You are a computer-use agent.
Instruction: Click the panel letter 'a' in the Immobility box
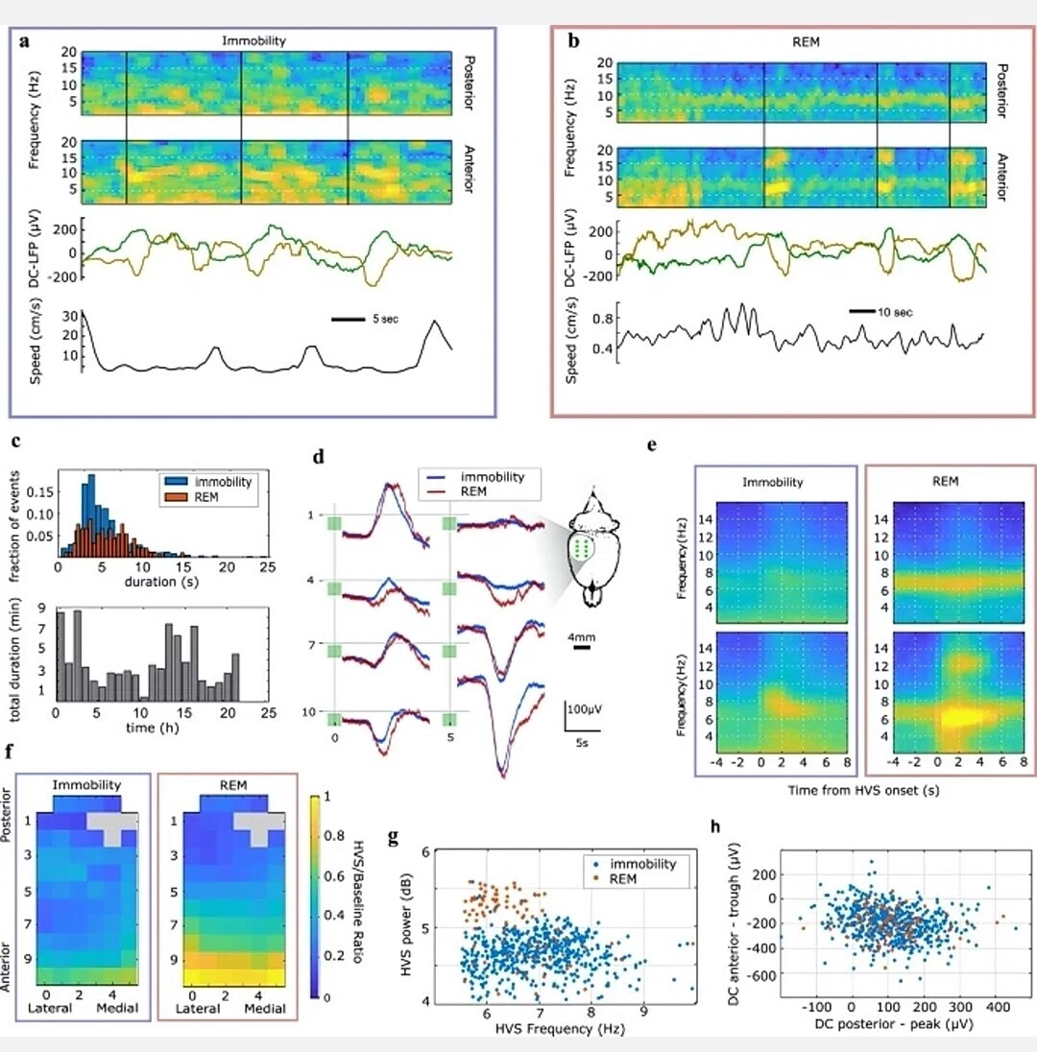pos(25,41)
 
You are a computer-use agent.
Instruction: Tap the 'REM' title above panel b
pos(806,41)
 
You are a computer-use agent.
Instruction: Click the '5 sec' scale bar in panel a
pos(348,320)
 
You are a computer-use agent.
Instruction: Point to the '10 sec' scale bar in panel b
pos(862,311)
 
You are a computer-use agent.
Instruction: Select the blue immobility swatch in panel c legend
pos(175,482)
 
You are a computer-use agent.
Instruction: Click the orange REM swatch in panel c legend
pos(175,497)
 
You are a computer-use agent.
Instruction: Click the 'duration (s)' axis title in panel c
pos(161,582)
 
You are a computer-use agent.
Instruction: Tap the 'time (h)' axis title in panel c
pos(153,728)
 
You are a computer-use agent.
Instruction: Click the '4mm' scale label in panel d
pos(581,637)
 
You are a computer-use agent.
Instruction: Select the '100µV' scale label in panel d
pos(585,709)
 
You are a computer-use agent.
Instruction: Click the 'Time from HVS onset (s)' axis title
pos(863,790)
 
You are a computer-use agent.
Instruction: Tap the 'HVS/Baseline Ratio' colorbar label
pos(358,901)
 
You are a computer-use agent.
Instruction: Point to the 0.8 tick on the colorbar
pos(334,836)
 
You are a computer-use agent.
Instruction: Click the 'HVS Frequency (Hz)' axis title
pos(560,1029)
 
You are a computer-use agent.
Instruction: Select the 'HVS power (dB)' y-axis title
pos(406,924)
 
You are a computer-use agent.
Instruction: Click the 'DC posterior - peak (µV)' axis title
pos(893,1024)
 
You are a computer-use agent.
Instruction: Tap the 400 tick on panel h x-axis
pos(998,1007)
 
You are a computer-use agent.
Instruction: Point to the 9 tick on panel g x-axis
pos(643,1011)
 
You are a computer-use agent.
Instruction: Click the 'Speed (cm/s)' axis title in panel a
pos(36,341)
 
